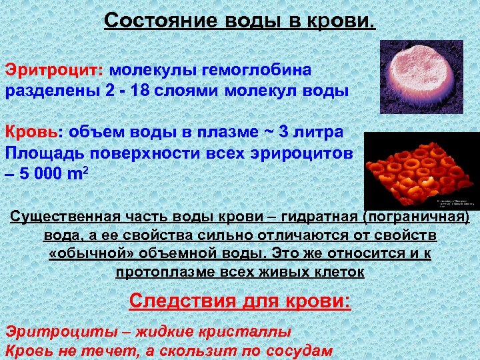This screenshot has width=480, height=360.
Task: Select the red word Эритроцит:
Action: coord(55,70)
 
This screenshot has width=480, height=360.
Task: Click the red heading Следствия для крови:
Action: coord(239,301)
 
